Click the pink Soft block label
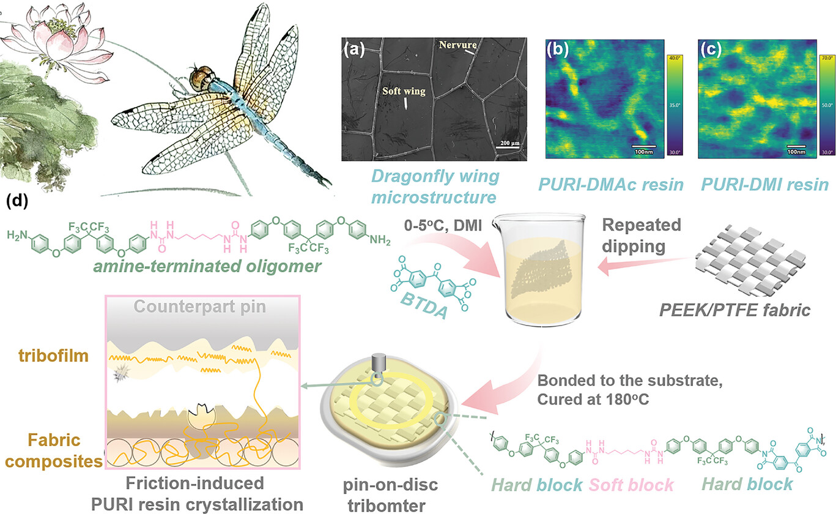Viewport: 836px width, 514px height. (631, 485)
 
